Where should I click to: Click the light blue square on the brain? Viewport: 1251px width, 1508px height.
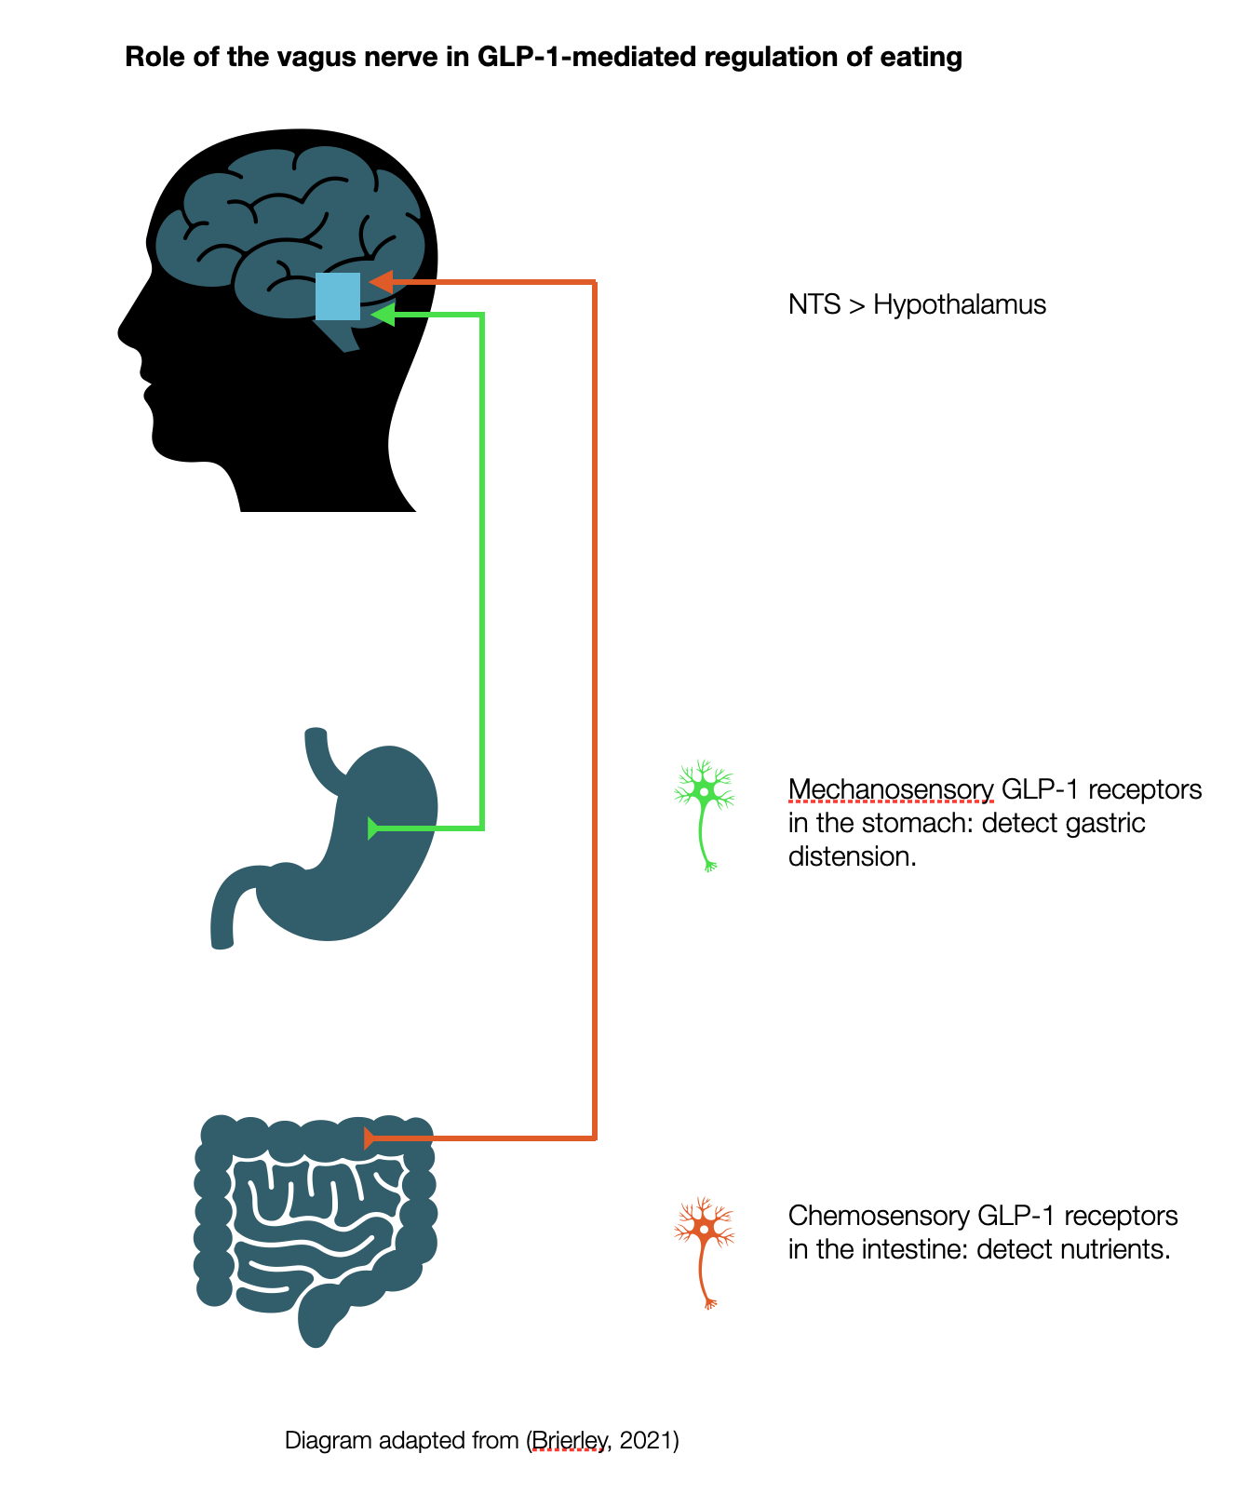(337, 296)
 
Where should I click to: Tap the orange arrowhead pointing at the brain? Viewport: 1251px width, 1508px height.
(380, 281)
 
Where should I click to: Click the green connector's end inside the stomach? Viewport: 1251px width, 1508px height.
(374, 828)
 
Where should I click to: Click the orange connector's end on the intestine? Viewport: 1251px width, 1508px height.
(369, 1138)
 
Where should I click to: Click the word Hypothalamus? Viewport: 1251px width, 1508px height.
(959, 304)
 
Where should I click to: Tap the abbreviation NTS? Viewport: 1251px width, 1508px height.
(814, 304)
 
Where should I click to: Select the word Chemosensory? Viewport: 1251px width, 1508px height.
(879, 1216)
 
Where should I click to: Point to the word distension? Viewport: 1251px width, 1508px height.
(852, 856)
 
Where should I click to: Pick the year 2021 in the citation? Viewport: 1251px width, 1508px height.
(645, 1441)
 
